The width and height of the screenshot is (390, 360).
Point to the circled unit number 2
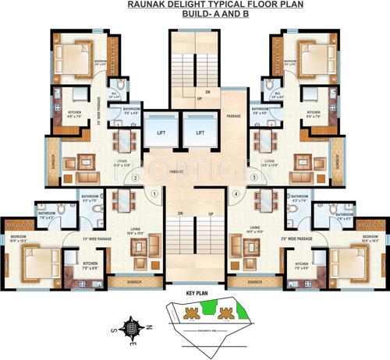[x=135, y=178]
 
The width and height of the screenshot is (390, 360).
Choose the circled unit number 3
[x=253, y=178]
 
